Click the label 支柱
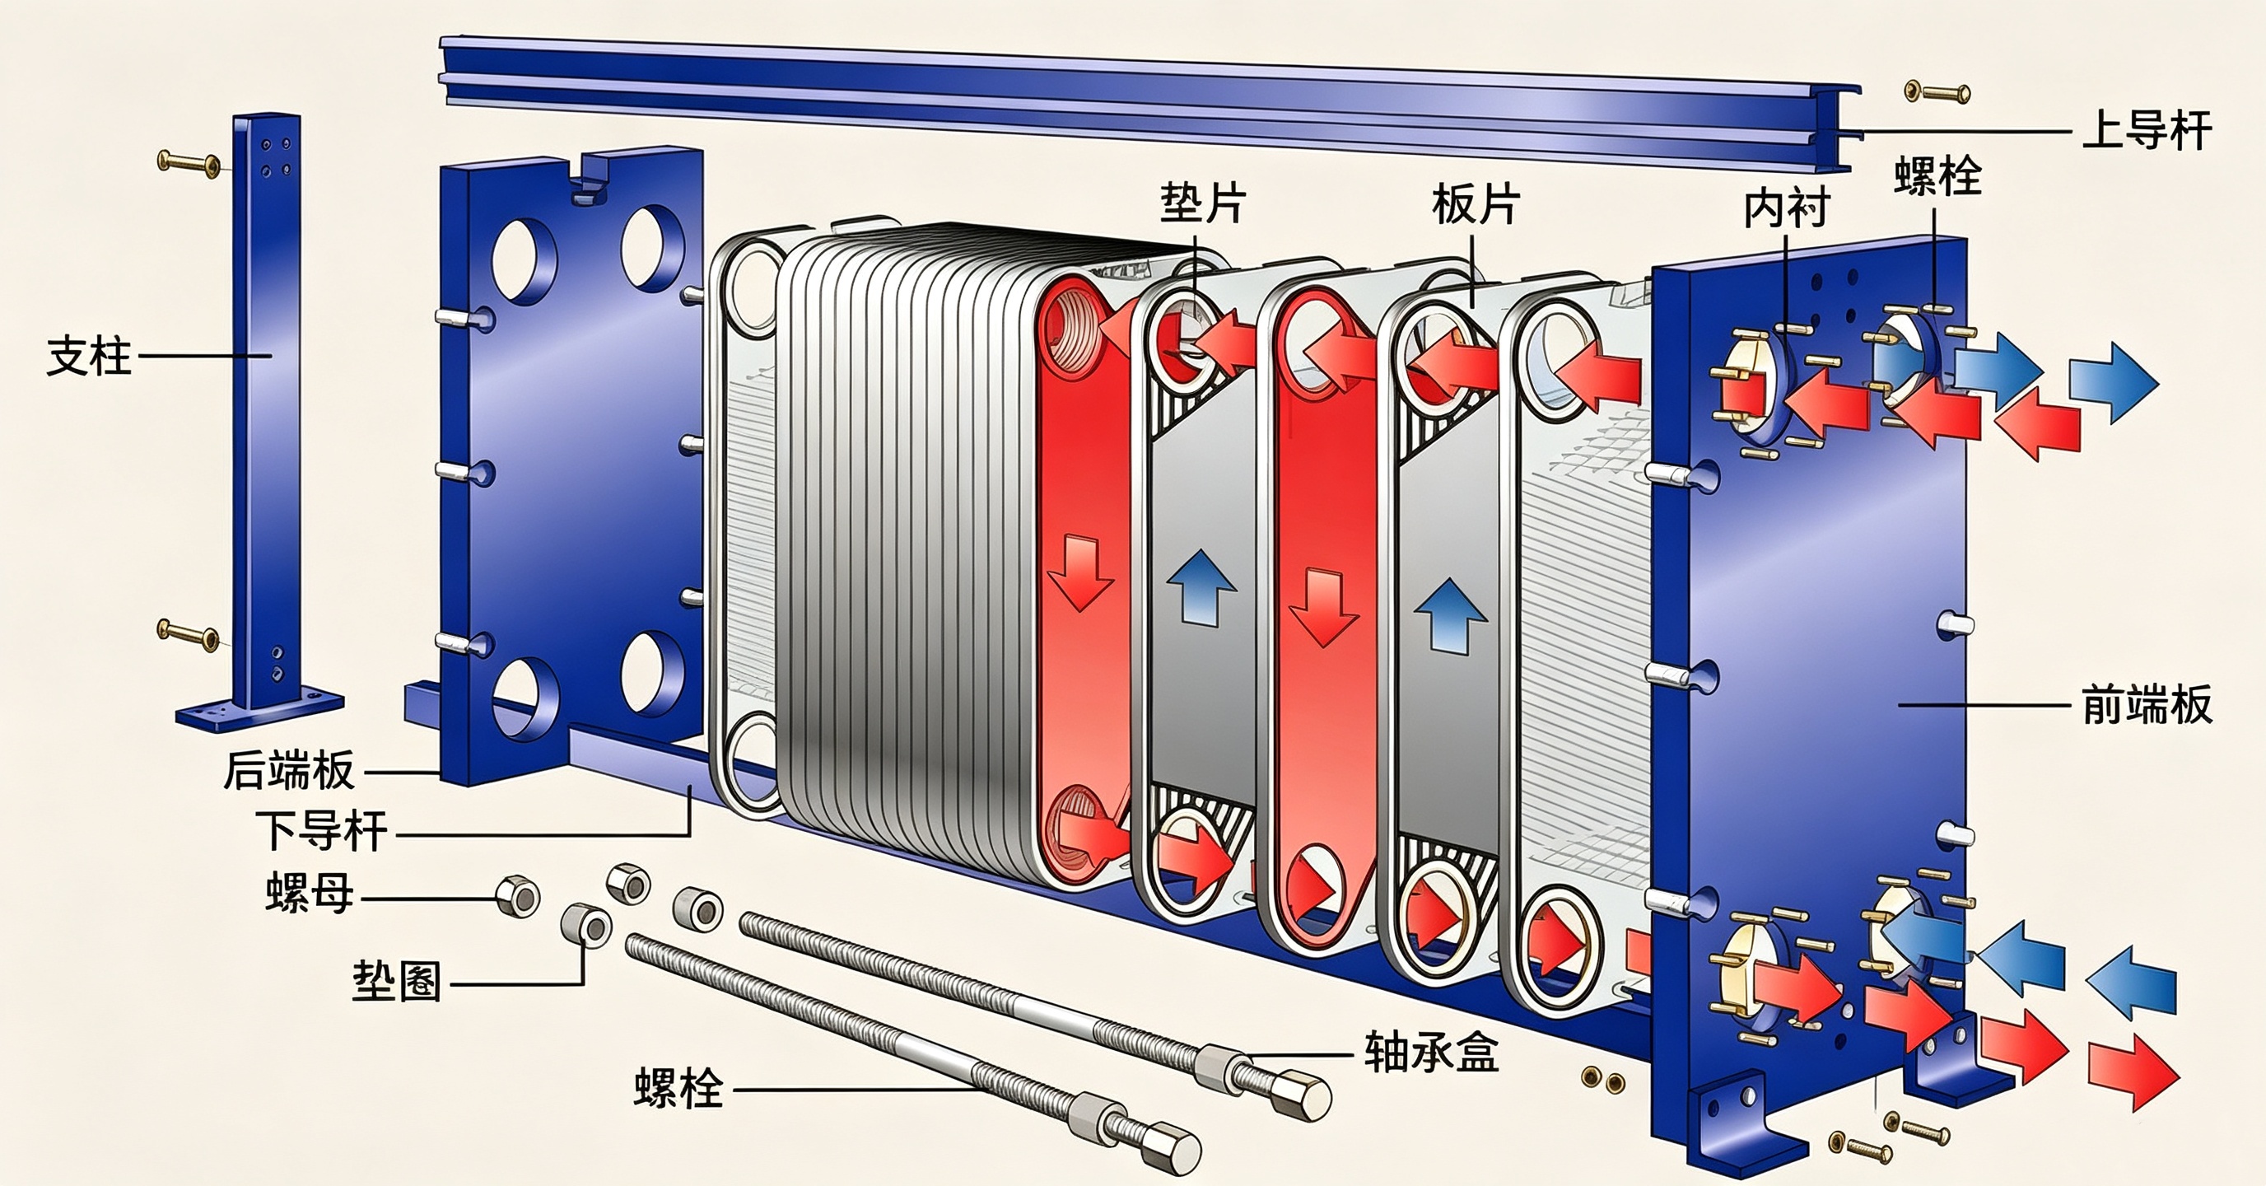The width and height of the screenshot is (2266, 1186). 89,357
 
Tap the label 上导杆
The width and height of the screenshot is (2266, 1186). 2147,130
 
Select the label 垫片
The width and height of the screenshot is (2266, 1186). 1203,203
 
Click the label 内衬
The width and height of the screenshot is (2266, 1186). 1787,208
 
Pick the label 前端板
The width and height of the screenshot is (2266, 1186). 2147,706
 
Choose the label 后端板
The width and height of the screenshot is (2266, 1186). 289,771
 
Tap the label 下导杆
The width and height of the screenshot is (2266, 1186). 322,830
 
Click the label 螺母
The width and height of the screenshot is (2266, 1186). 310,893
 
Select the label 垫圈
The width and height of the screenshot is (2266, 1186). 397,981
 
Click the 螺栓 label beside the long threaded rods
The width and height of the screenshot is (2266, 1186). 678,1088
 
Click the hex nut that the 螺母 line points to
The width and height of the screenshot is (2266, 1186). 517,897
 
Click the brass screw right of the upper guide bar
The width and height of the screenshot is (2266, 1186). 1937,91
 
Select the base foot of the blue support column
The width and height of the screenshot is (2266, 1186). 260,709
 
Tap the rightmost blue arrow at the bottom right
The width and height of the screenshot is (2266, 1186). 2132,980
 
